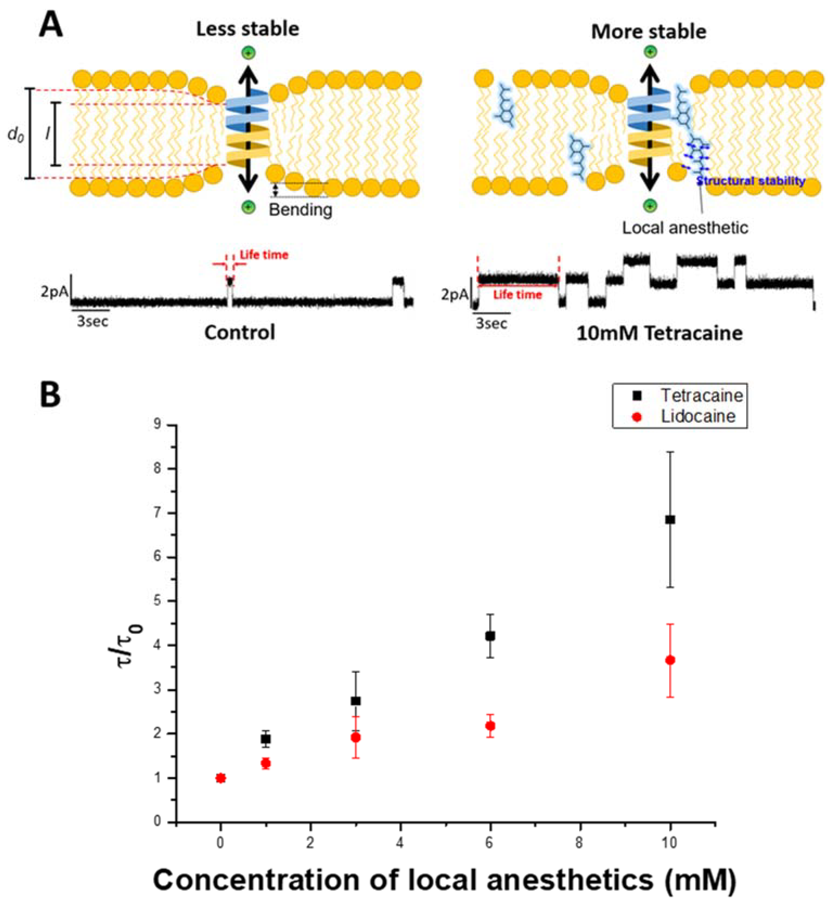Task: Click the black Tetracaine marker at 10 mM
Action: click(670, 520)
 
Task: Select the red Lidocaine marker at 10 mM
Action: click(670, 660)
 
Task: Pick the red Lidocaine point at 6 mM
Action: click(490, 726)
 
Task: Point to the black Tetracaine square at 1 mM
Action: click(266, 739)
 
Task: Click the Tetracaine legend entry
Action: click(701, 395)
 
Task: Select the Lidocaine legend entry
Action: click(698, 416)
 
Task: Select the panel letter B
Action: click(50, 394)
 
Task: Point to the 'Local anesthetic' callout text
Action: click(685, 228)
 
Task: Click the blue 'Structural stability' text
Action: click(751, 181)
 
